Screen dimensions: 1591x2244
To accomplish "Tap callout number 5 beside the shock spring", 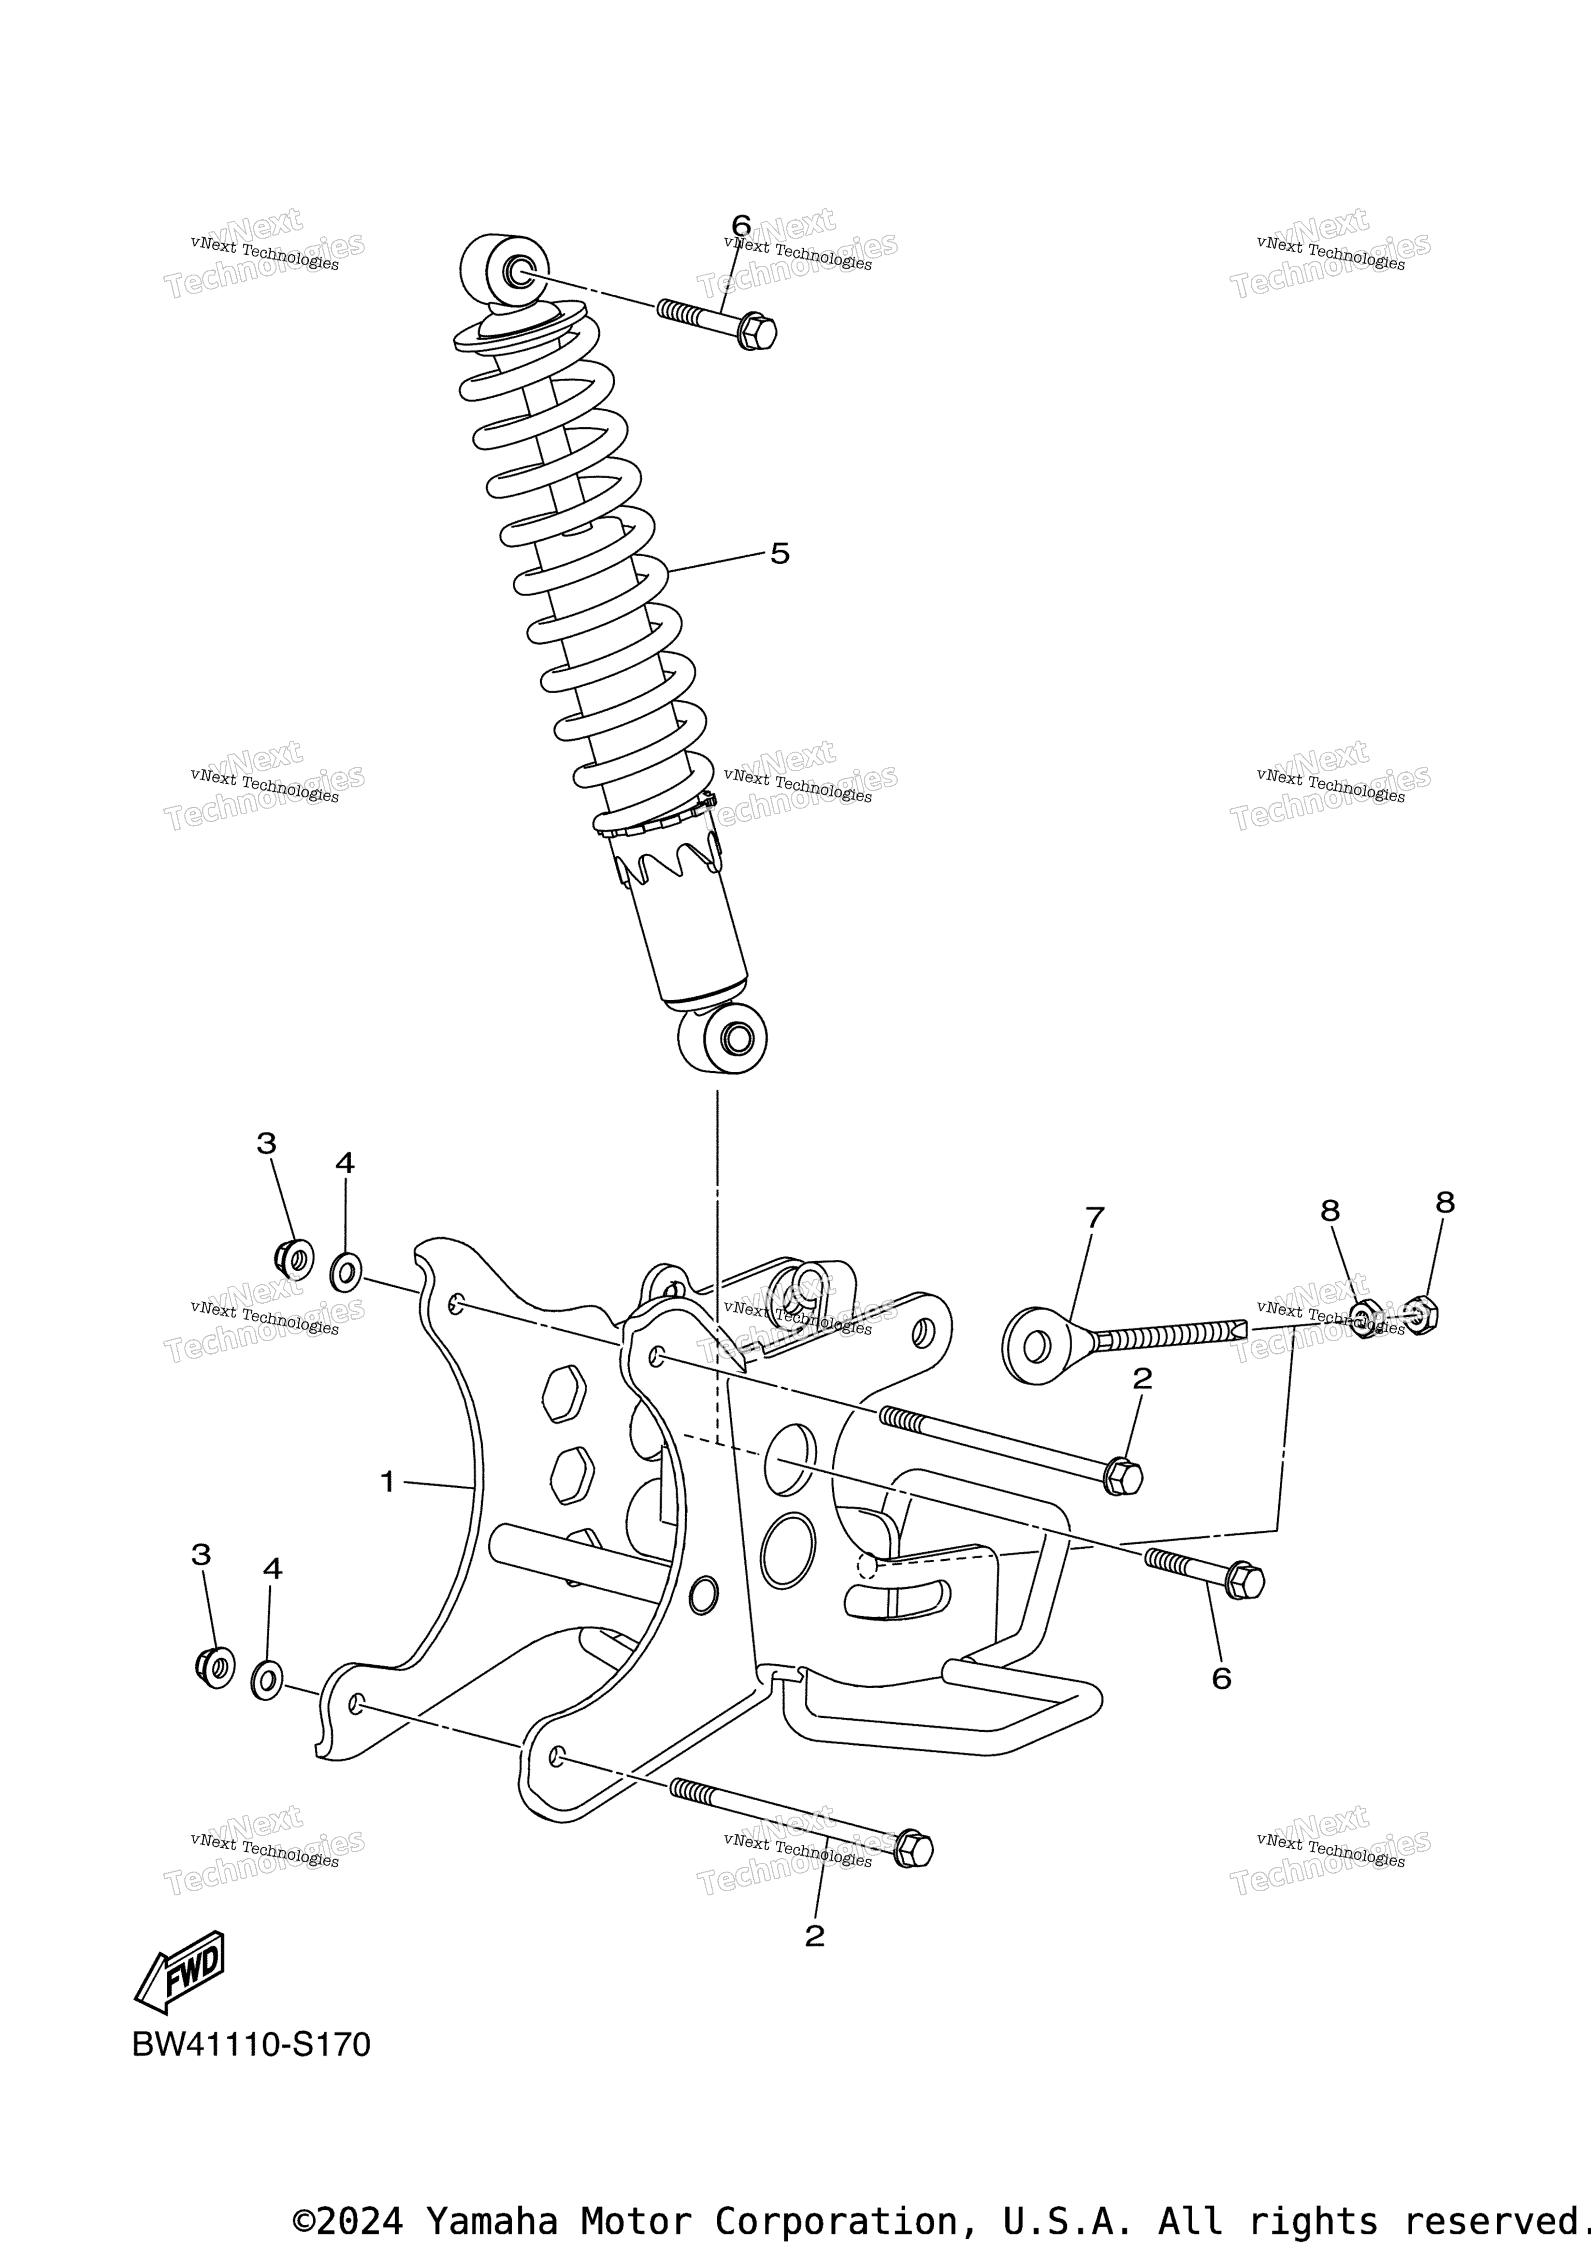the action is [x=780, y=554].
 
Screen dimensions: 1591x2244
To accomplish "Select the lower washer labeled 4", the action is [x=267, y=1679].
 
